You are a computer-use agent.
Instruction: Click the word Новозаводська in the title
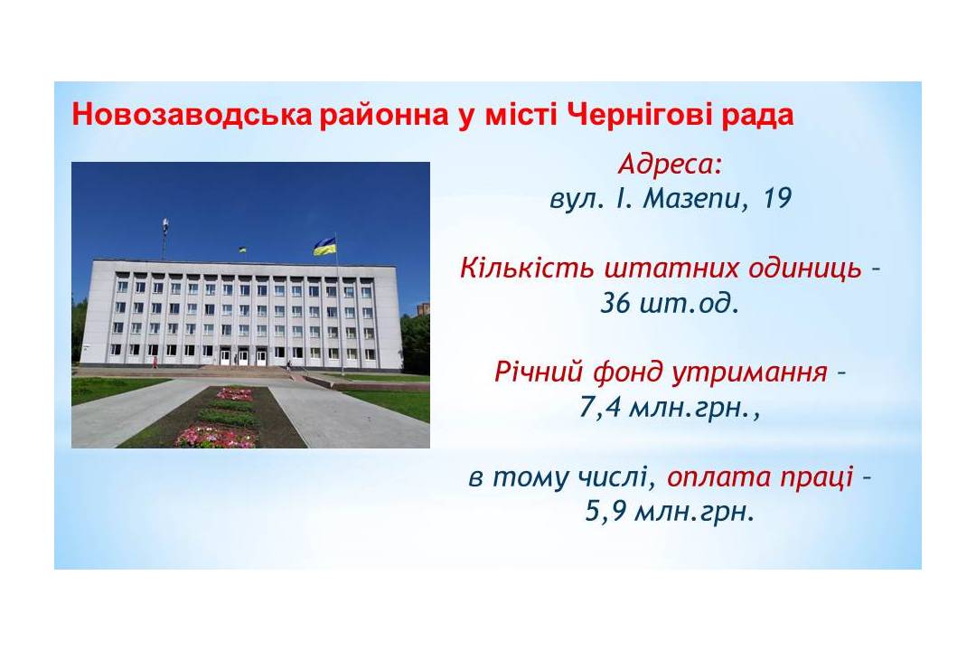pos(192,115)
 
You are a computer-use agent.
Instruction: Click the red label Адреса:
pos(671,165)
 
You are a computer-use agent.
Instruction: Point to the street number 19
pos(776,199)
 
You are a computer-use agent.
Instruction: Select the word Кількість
pos(527,268)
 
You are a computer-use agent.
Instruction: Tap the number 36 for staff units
pos(615,304)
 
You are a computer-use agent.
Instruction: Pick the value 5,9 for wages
pos(606,513)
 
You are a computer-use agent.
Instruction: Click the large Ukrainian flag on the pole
pos(325,246)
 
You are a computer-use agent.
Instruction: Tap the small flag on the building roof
pos(242,250)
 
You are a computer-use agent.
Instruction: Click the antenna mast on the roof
pos(165,239)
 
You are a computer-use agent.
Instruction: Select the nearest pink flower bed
pos(216,437)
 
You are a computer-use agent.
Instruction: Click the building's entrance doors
pos(243,357)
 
